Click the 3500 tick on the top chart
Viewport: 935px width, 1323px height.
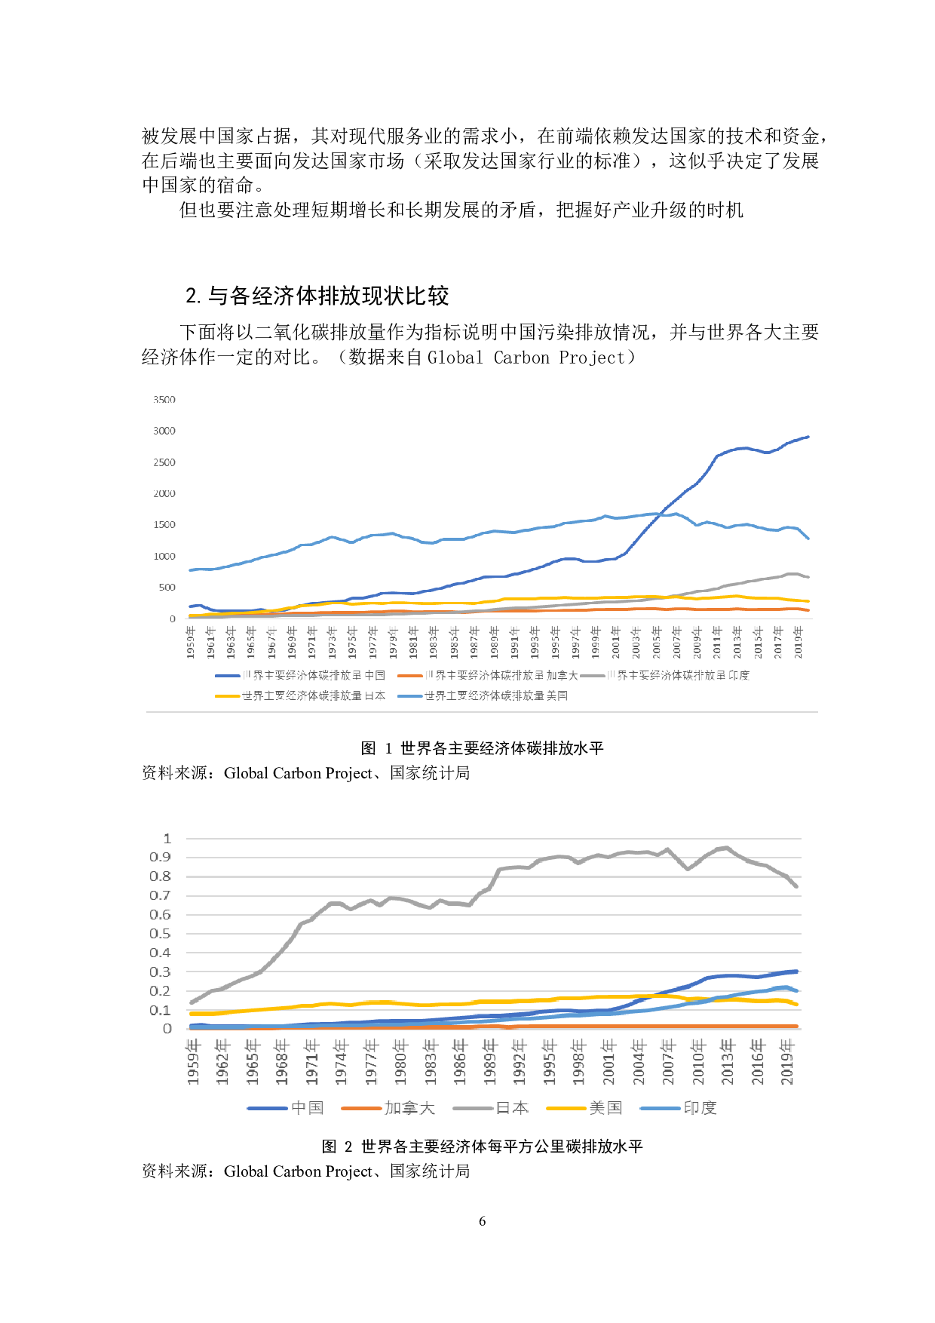click(164, 400)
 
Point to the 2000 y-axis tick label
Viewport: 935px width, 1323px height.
click(164, 493)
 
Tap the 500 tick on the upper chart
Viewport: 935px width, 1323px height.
click(167, 587)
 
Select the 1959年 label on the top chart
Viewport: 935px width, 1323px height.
click(191, 642)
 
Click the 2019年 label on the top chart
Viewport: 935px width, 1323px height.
click(799, 642)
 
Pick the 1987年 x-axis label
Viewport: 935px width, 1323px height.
click(474, 642)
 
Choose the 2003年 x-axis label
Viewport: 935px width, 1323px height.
click(636, 642)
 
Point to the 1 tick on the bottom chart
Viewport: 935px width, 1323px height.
click(167, 839)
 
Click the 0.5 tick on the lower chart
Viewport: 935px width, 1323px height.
click(161, 934)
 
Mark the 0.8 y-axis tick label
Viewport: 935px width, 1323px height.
click(161, 876)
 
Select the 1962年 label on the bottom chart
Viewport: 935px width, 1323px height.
click(222, 1061)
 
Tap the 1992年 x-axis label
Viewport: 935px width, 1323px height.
click(520, 1061)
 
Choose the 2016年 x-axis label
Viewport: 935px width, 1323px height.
click(758, 1061)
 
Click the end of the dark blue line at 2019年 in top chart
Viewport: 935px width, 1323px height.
click(808, 437)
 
